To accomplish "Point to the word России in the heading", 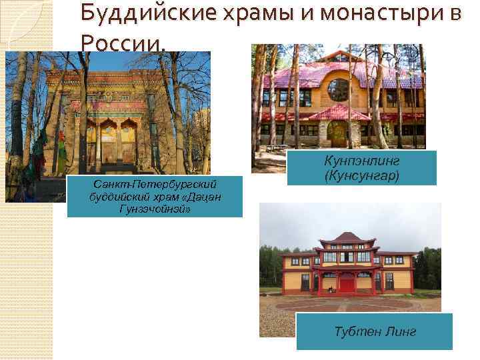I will (120, 43).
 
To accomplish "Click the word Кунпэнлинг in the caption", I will (362, 161).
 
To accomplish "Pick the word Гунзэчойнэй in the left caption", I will (155, 209).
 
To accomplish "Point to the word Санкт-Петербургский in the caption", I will (155, 183).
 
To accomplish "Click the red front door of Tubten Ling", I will (347, 283).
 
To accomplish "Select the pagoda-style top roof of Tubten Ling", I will (348, 239).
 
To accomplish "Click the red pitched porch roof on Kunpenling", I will (339, 112).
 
